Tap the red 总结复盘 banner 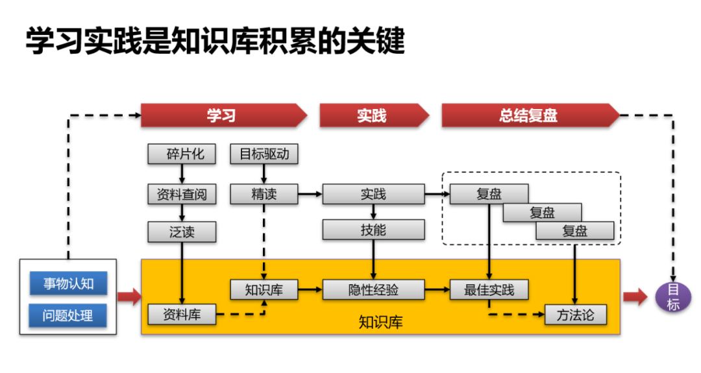[529, 115]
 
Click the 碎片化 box [181, 154]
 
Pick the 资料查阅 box [181, 193]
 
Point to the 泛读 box [181, 232]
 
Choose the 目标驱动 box [264, 154]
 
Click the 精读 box [264, 193]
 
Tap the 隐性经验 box [373, 289]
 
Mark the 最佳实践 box [489, 289]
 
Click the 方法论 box [575, 315]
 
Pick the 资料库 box [181, 315]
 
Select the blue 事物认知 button [68, 283]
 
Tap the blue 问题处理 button [68, 316]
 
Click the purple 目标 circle [673, 297]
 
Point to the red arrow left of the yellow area [129, 297]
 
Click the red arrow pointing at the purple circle [635, 297]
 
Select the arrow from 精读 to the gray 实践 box [310, 193]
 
